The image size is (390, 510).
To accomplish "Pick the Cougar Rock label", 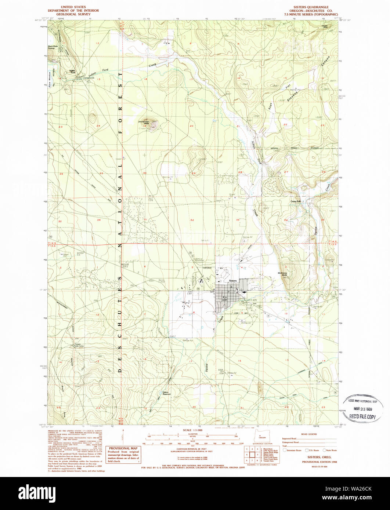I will coord(324,26).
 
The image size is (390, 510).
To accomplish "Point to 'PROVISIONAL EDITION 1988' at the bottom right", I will coord(318,461).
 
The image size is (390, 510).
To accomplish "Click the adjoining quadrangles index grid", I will coord(252,455).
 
